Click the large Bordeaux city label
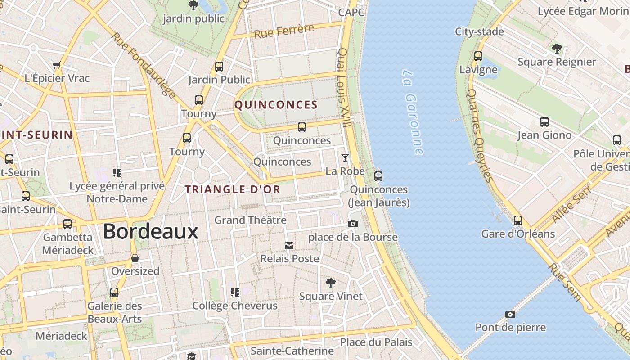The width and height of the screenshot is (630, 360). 150,231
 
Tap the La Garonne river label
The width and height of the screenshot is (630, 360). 413,112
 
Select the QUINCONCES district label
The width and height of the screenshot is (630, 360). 276,105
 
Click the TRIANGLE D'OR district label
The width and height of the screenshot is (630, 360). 233,189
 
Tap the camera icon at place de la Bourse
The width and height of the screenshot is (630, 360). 353,224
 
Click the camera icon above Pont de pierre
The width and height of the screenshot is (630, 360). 510,314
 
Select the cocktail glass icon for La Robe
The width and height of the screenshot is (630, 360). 345,157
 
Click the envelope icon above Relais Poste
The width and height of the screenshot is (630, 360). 289,245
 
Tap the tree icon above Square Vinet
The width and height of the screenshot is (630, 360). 331,283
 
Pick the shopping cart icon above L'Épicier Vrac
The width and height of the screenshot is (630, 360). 57,65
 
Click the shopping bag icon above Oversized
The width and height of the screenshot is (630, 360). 135,258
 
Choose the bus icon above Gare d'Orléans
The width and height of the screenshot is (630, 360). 518,220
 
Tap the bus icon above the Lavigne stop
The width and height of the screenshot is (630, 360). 478,56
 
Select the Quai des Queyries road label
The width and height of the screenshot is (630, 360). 479,135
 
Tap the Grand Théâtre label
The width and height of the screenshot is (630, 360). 250,220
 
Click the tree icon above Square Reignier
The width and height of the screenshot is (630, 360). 557,48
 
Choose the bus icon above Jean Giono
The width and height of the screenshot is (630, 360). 544,122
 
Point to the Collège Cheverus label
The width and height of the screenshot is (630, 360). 235,306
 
